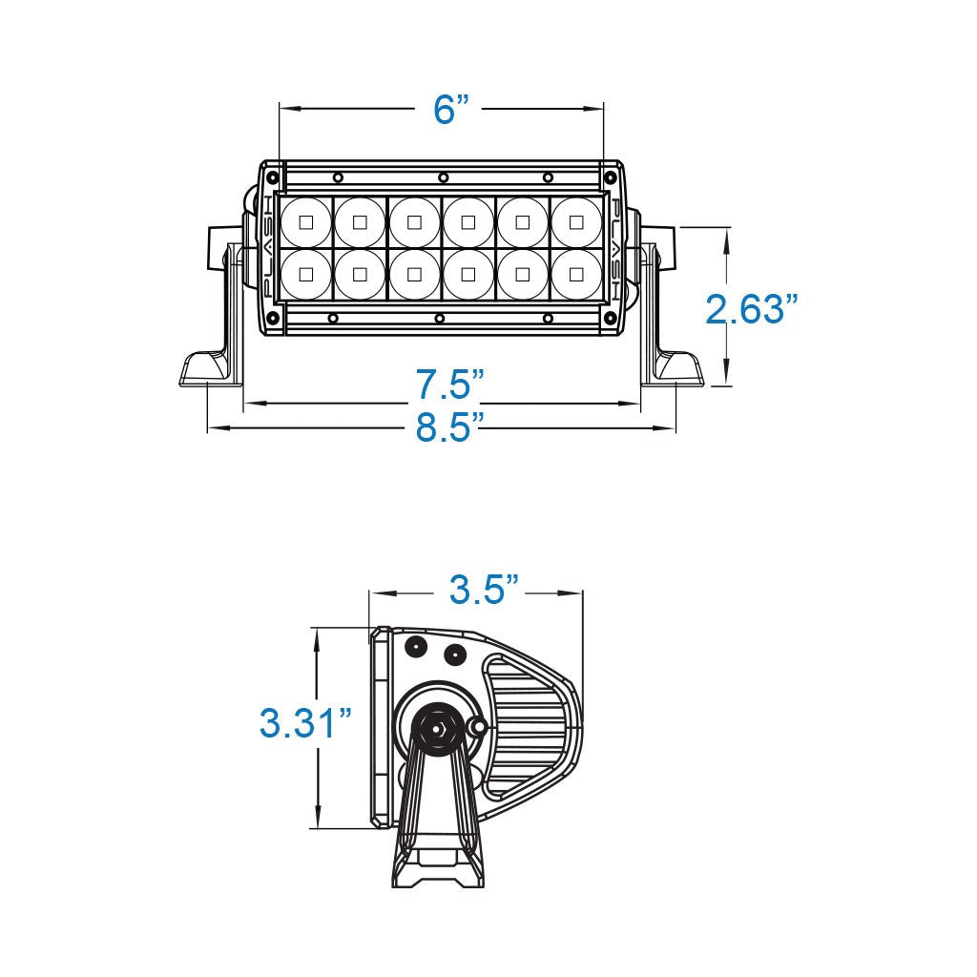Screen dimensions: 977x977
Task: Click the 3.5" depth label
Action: pyautogui.click(x=485, y=590)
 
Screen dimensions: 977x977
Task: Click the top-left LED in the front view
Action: pyautogui.click(x=305, y=222)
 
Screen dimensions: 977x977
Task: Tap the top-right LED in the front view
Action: pyautogui.click(x=575, y=222)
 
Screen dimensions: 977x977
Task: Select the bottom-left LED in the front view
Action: pyautogui.click(x=305, y=275)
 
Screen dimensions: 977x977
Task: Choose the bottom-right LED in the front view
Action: pyautogui.click(x=575, y=275)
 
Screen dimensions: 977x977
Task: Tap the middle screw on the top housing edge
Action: pyautogui.click(x=443, y=177)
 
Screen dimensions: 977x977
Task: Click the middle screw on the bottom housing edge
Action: pyautogui.click(x=439, y=318)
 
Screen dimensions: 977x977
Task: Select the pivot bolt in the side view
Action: pyautogui.click(x=436, y=727)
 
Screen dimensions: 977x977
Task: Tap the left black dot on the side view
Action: pyautogui.click(x=416, y=648)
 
